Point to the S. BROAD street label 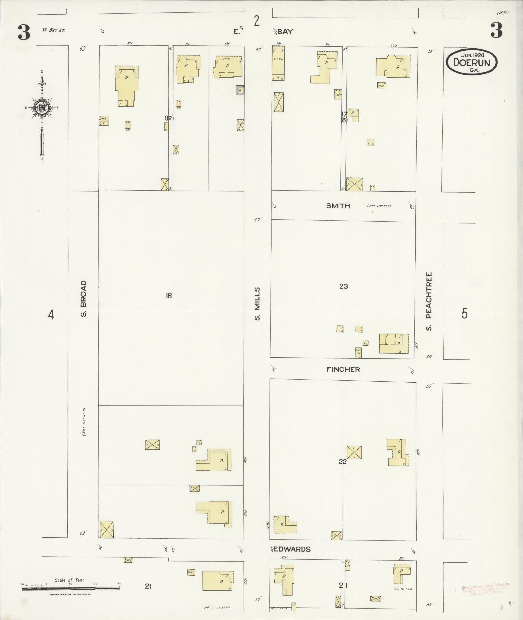(x=84, y=298)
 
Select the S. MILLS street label (x=257, y=303)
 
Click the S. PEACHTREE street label (x=429, y=301)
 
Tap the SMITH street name (x=338, y=206)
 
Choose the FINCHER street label (x=343, y=369)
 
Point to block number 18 (x=169, y=296)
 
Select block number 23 (x=344, y=286)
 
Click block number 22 (x=342, y=462)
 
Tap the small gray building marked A (x=240, y=90)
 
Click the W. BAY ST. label (x=53, y=30)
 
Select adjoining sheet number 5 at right (x=465, y=314)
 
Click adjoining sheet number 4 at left (x=51, y=314)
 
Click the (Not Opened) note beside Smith (x=379, y=206)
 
